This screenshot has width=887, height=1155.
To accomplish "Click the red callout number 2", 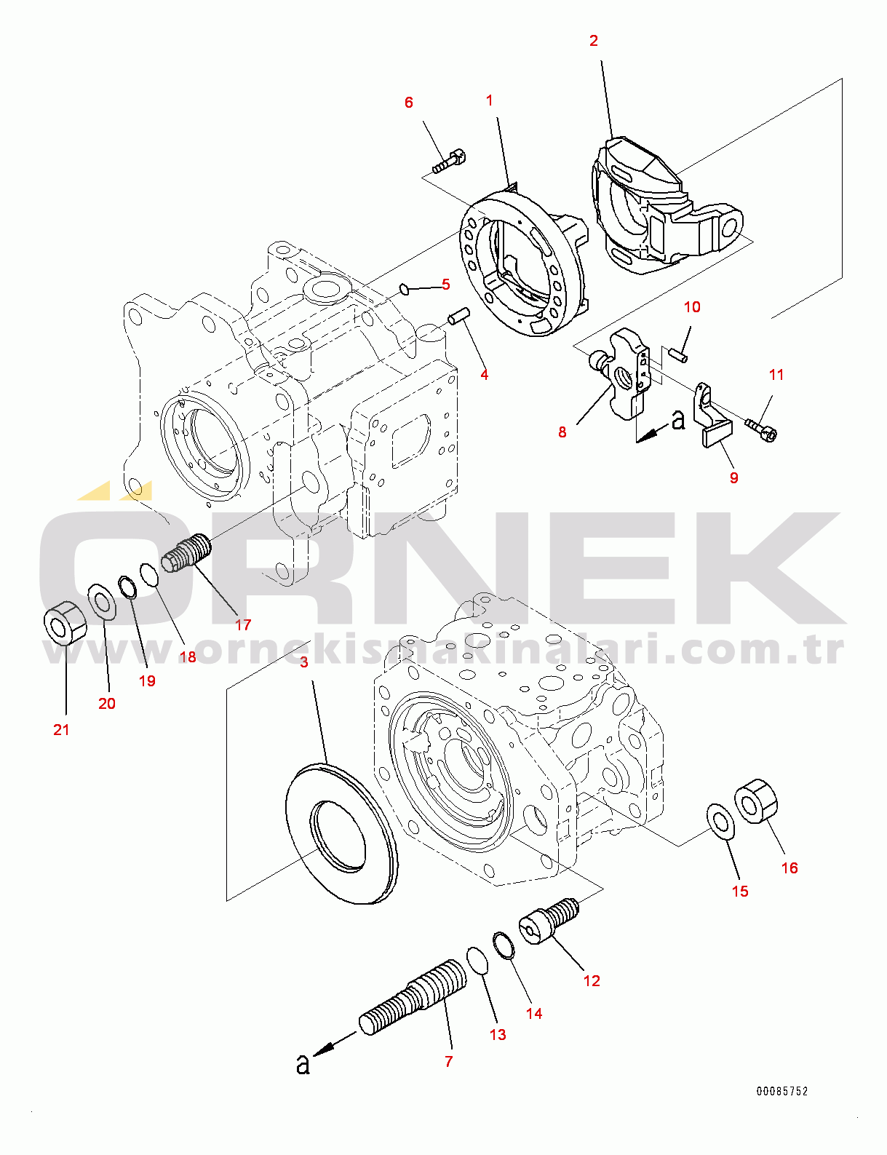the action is (x=594, y=41).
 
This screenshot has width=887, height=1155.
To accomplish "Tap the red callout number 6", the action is (x=409, y=102).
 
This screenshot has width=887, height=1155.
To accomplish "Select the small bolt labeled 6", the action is (x=450, y=162).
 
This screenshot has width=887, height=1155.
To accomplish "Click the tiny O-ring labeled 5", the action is (x=404, y=289).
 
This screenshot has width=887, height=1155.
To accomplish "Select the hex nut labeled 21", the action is (x=64, y=622).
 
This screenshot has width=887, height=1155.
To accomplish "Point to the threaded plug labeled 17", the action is (x=186, y=553).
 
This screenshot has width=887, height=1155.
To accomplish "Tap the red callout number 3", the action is (x=304, y=662).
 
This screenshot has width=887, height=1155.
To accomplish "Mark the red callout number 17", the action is (x=243, y=624).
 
